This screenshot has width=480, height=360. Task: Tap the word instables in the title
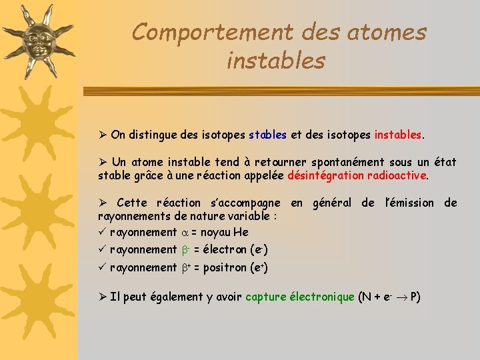pyautogui.click(x=276, y=61)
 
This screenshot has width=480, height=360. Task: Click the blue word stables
pyautogui.click(x=267, y=135)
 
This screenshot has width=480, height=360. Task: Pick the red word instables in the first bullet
pyautogui.click(x=397, y=135)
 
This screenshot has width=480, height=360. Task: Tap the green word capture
pyautogui.click(x=266, y=297)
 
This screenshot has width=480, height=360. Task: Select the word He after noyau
pyautogui.click(x=241, y=232)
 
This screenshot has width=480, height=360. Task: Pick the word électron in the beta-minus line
pyautogui.click(x=225, y=250)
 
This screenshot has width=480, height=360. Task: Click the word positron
pyautogui.click(x=226, y=267)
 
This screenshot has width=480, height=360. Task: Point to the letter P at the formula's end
pyautogui.click(x=415, y=297)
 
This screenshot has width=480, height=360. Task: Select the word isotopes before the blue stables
pyautogui.click(x=223, y=135)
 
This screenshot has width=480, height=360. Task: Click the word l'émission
pyautogui.click(x=410, y=203)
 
